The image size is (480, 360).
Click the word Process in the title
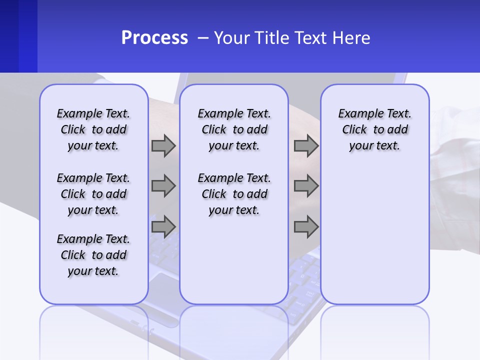click(x=154, y=38)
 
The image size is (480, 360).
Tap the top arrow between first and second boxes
click(x=163, y=146)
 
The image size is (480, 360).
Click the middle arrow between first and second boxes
click(x=163, y=186)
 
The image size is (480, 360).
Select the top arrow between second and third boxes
click(x=306, y=146)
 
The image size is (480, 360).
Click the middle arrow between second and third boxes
click(x=306, y=186)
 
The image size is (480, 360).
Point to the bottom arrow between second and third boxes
click(x=306, y=227)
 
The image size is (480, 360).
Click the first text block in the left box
click(x=93, y=129)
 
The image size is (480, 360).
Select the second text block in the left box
click(x=93, y=194)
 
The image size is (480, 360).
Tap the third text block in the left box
click(x=93, y=255)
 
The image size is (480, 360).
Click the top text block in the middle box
click(x=234, y=129)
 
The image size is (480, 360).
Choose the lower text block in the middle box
click(x=234, y=194)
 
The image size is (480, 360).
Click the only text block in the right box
click(x=374, y=129)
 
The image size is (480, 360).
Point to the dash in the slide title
click(x=203, y=38)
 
